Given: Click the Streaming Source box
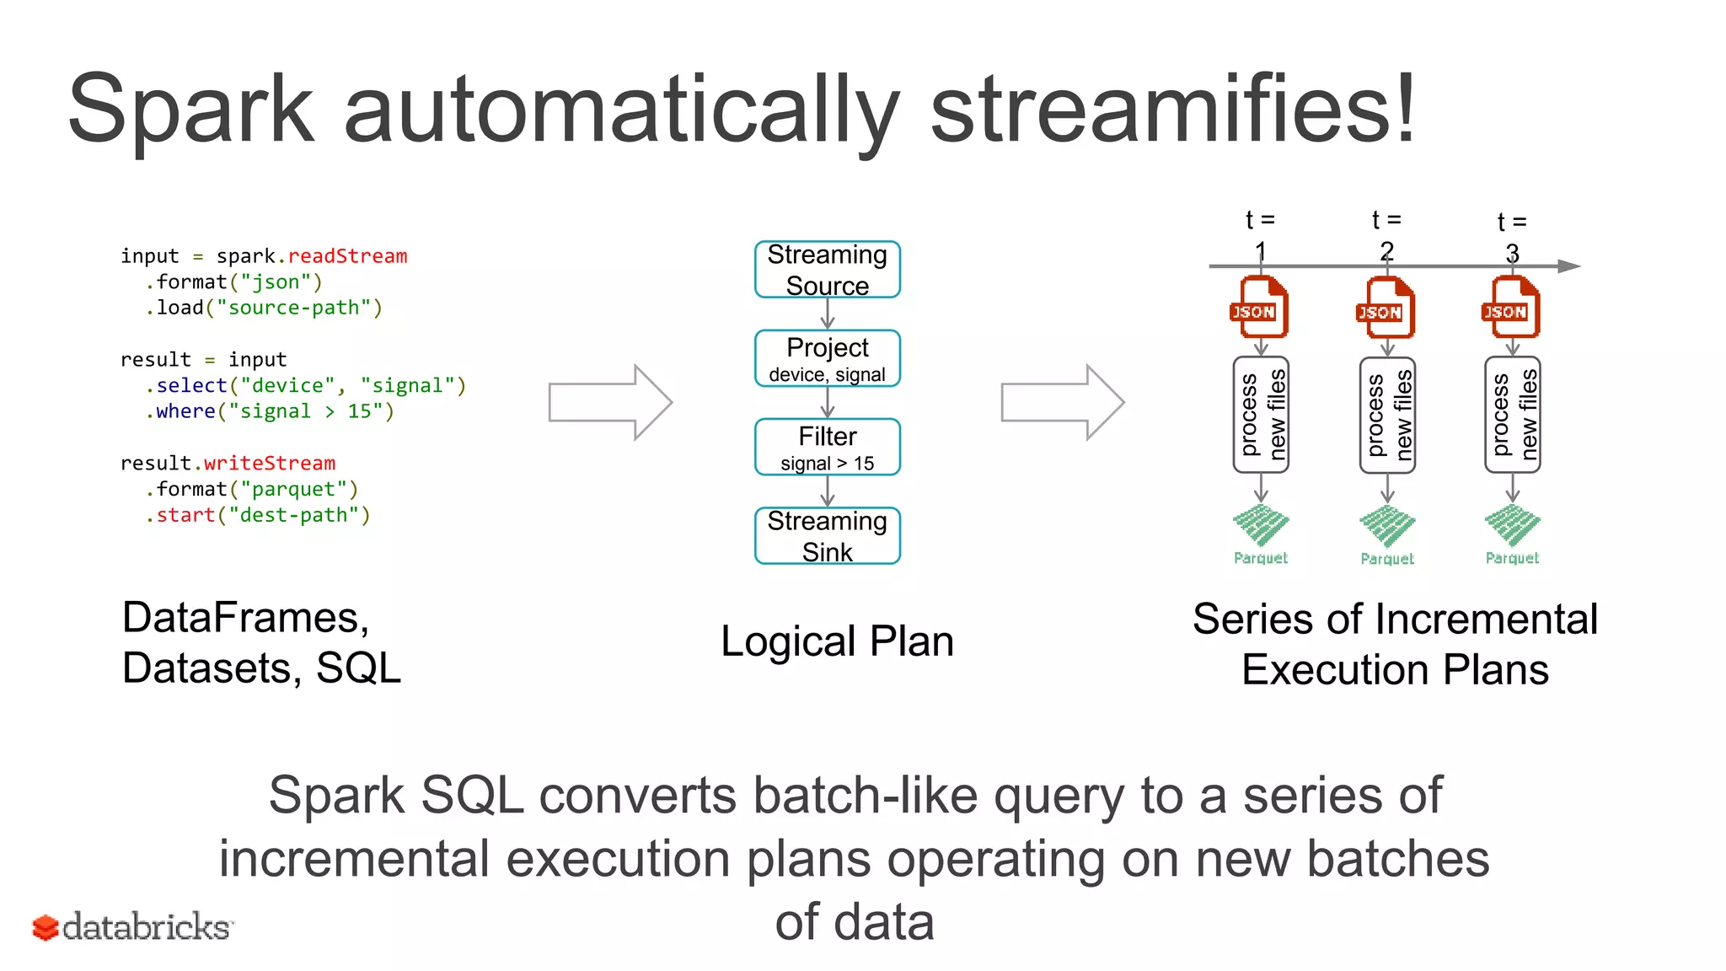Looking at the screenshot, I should (827, 270).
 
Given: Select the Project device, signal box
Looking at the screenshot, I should (827, 359).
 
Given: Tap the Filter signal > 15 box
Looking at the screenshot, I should (827, 448).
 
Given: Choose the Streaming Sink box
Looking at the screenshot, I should (827, 536).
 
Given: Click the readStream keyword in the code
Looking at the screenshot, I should (347, 256).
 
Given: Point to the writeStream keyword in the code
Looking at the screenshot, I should (269, 464).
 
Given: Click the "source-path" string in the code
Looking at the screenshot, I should (294, 308).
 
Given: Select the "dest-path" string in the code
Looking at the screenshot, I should (294, 516).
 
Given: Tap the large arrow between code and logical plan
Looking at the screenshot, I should (610, 403).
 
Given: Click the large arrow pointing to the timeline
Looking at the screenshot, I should (1063, 403).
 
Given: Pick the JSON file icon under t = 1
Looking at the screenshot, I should (1259, 308).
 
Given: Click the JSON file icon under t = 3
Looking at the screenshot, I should (1510, 308).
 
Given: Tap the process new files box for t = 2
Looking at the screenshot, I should (1387, 416).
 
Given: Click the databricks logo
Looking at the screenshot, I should (132, 927).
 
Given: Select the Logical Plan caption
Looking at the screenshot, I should (837, 641).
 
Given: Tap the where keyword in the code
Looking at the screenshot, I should (185, 412).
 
